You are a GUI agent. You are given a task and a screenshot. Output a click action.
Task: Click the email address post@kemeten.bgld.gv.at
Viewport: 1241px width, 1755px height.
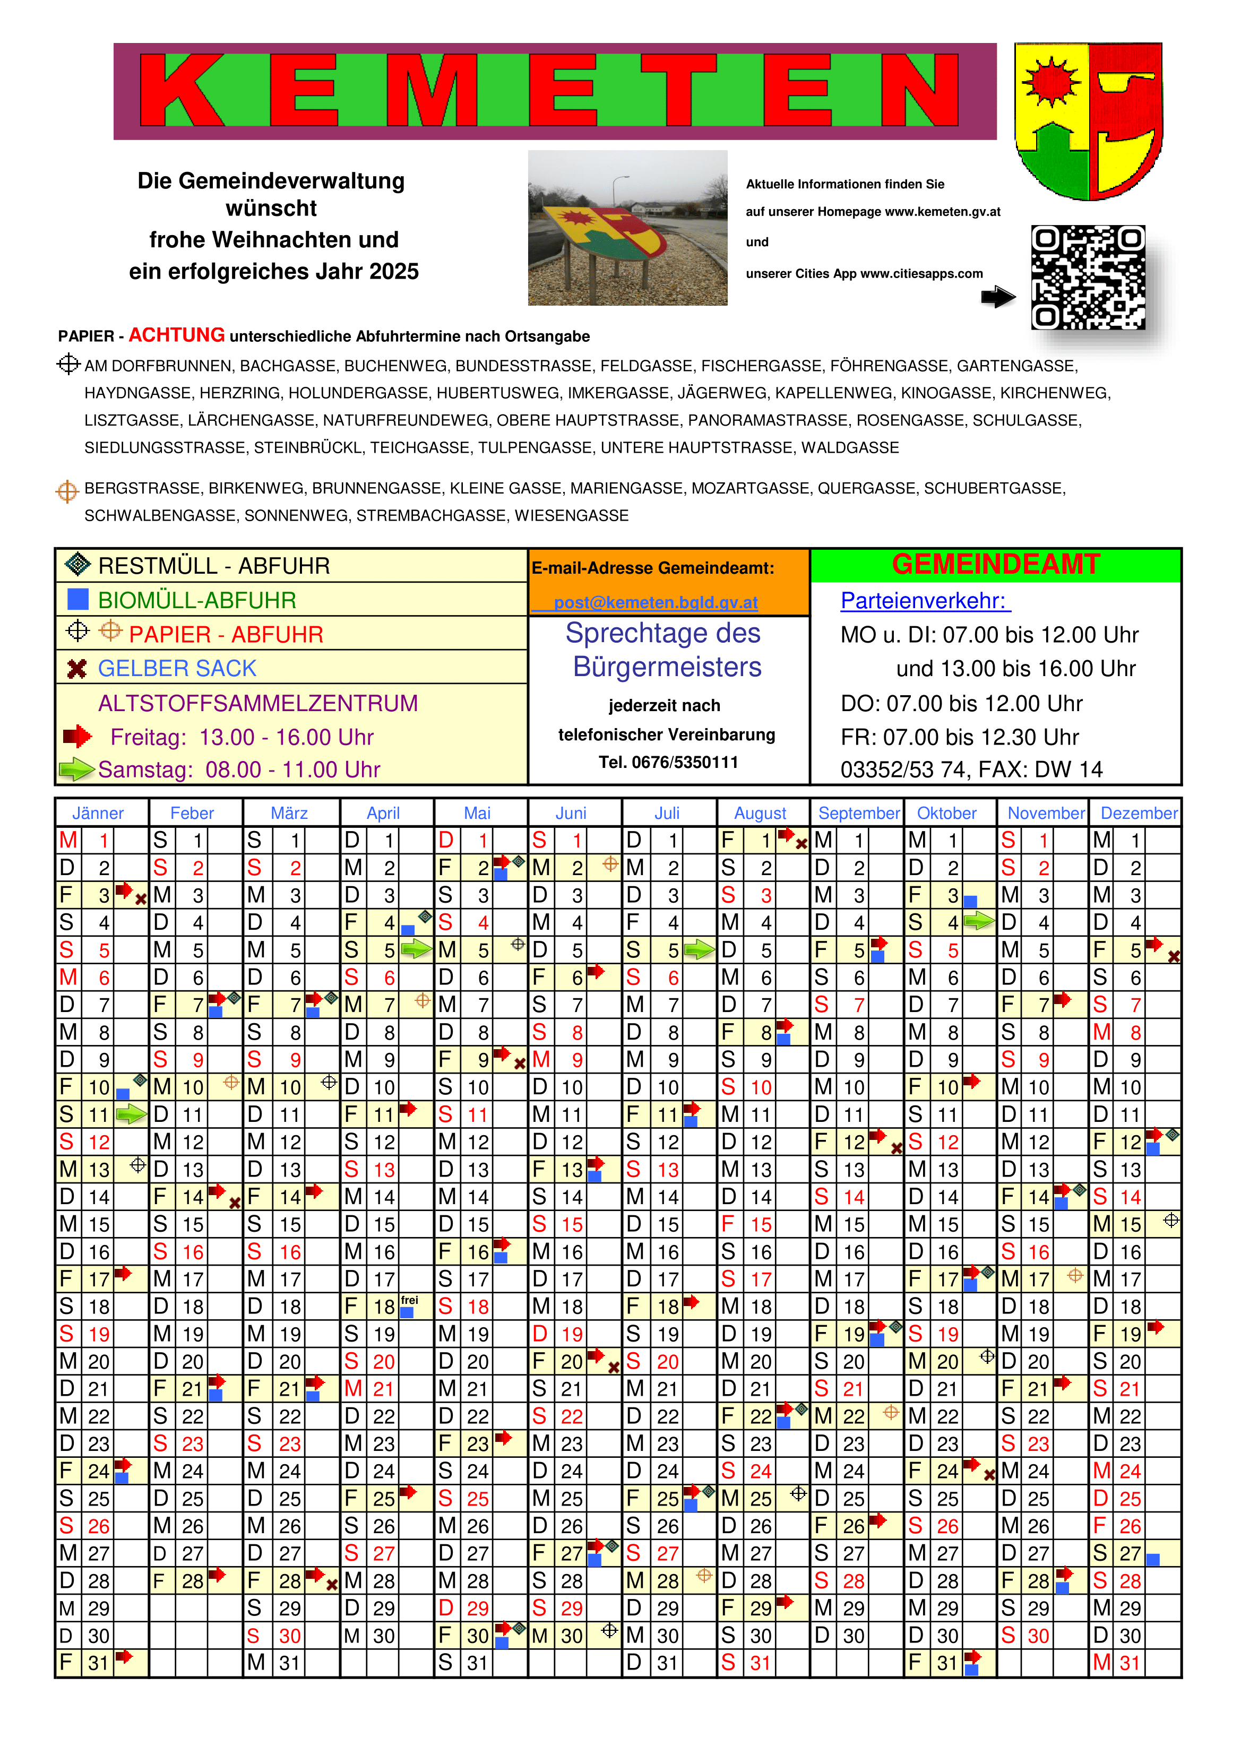point(656,602)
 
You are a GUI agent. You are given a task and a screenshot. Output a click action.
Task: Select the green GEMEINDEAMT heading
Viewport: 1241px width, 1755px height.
point(996,565)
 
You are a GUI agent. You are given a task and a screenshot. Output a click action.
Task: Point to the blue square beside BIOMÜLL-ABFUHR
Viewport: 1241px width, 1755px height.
point(78,599)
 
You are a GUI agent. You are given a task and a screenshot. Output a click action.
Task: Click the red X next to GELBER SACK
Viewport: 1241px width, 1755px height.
point(76,669)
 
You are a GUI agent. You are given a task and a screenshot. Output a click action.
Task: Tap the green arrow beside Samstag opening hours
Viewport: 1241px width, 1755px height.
point(76,769)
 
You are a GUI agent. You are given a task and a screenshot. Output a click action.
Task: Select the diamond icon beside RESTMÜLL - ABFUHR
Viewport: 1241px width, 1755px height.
point(78,564)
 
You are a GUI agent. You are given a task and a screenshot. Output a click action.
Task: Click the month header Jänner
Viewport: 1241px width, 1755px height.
point(98,814)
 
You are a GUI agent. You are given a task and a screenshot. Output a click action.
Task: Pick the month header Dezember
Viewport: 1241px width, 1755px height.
point(1139,814)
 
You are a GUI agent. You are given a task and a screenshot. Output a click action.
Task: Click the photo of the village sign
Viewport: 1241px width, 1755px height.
point(627,228)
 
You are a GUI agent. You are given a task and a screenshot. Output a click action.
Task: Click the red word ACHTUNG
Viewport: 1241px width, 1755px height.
point(177,335)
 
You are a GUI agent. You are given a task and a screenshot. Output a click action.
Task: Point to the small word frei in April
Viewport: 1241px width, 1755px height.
point(410,1300)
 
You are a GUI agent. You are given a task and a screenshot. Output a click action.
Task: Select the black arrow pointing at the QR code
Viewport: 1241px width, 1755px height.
point(998,297)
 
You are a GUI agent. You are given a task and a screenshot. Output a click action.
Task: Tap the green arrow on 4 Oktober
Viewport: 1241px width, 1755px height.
point(979,922)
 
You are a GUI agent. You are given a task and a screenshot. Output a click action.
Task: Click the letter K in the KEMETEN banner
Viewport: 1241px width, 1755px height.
point(183,90)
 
